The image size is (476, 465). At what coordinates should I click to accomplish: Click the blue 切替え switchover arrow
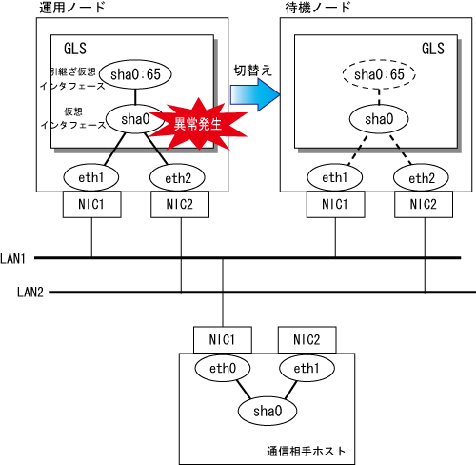(x=255, y=94)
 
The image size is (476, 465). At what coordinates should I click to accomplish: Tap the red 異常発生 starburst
(x=198, y=124)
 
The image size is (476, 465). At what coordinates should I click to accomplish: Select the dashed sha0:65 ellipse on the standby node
(x=379, y=74)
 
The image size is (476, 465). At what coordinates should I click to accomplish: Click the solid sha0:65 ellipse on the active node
(x=135, y=74)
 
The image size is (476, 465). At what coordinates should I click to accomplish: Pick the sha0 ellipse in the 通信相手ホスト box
(x=268, y=411)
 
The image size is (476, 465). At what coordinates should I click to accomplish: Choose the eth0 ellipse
(x=223, y=368)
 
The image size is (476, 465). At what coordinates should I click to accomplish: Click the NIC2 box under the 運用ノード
(x=180, y=204)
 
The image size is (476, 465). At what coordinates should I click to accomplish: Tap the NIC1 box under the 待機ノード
(x=335, y=204)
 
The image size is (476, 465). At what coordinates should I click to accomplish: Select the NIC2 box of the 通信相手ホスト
(x=307, y=339)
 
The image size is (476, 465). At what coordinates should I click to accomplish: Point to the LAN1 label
(x=12, y=259)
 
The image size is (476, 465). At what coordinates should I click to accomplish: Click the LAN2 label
(x=30, y=292)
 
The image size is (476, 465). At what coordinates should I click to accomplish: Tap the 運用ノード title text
(x=72, y=8)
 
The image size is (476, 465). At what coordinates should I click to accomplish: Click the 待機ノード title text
(x=318, y=8)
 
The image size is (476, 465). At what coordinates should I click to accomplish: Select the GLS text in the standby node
(x=433, y=49)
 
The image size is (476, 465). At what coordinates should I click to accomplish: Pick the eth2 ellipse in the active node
(x=177, y=177)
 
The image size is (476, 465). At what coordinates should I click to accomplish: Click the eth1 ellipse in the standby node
(x=335, y=177)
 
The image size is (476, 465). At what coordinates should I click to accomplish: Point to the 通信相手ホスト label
(x=306, y=451)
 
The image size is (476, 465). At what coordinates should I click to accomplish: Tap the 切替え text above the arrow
(x=253, y=71)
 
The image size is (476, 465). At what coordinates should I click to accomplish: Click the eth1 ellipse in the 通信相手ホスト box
(x=307, y=368)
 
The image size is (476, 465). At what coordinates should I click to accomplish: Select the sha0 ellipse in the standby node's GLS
(x=379, y=119)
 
